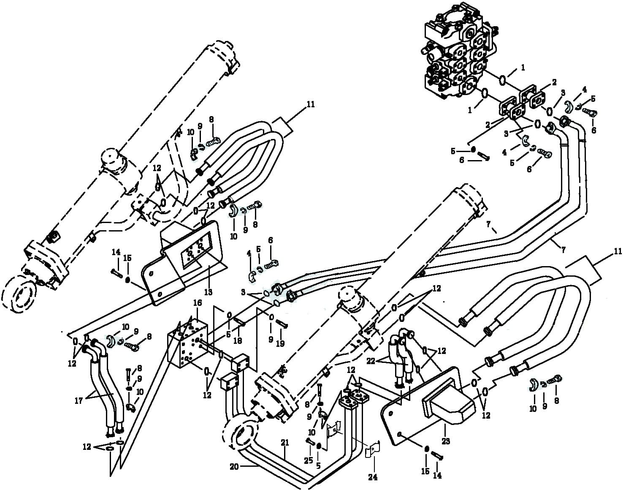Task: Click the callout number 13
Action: [x=208, y=292]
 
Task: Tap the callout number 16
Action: [x=198, y=303]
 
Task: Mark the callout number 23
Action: [x=446, y=441]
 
